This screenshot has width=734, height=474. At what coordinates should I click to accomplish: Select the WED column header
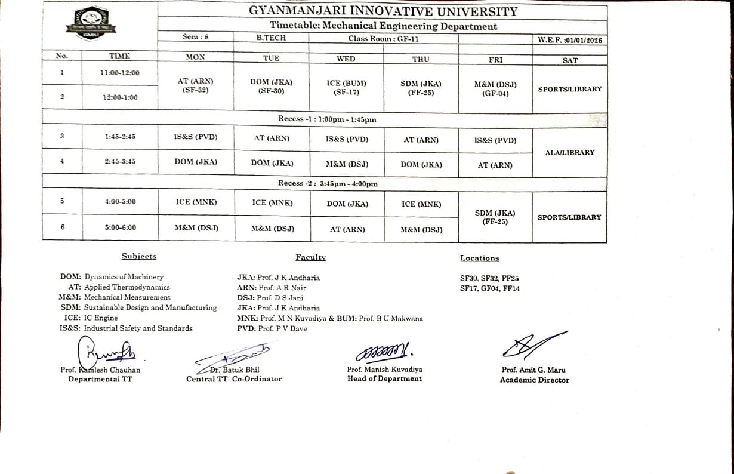click(x=346, y=59)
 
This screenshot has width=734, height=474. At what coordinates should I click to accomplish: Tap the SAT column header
click(x=570, y=60)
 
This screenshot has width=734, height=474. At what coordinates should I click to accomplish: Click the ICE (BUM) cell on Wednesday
click(x=347, y=88)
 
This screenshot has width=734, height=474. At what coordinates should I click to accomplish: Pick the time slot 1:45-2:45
click(x=119, y=137)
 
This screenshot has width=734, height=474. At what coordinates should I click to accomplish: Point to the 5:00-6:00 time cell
click(x=119, y=227)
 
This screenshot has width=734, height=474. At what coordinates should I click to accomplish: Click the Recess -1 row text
click(x=327, y=119)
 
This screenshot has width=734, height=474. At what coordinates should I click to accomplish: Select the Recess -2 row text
click(x=328, y=184)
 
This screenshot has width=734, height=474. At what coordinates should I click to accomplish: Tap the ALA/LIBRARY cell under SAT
click(x=570, y=153)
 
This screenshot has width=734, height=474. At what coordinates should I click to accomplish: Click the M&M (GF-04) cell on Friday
click(x=495, y=89)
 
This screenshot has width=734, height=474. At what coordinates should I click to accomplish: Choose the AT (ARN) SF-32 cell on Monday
click(x=195, y=85)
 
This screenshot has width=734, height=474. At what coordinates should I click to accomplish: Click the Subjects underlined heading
click(x=139, y=256)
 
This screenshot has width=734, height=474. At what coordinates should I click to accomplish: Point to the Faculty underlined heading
click(x=310, y=257)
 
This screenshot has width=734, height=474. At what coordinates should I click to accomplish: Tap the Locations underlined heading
click(x=479, y=258)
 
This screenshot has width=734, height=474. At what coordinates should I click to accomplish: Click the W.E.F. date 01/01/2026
click(x=570, y=40)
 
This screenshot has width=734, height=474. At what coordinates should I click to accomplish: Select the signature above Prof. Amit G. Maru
click(x=532, y=345)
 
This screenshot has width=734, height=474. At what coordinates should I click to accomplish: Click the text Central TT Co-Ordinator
click(x=234, y=379)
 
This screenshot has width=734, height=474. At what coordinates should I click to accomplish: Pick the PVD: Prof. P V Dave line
click(x=272, y=329)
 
